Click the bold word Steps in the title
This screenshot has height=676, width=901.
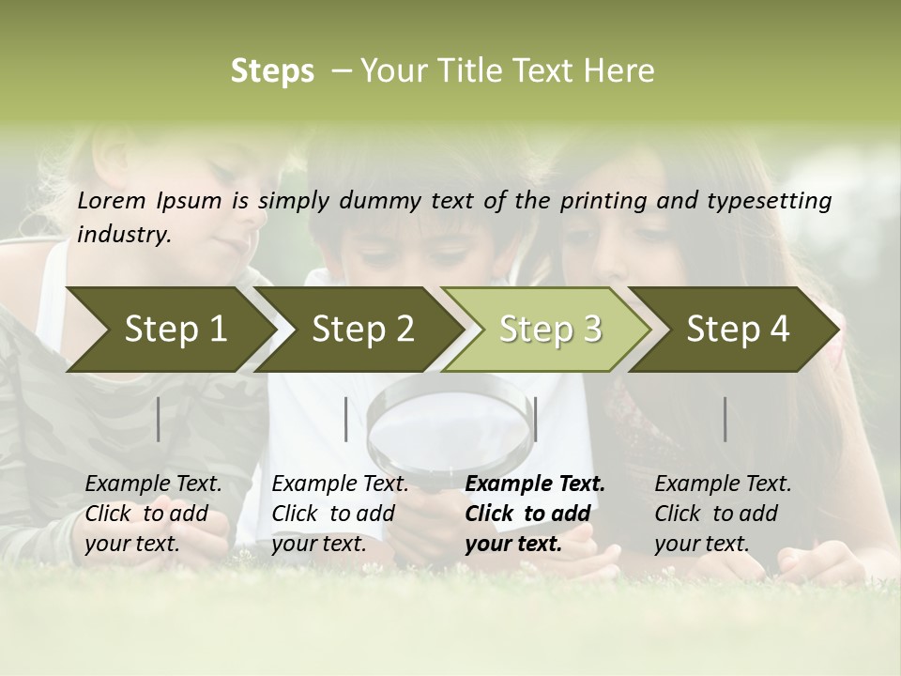[x=272, y=70]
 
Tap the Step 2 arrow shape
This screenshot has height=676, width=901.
[x=357, y=330]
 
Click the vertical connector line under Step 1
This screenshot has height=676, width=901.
[x=159, y=419]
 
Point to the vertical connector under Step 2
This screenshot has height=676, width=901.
[x=346, y=419]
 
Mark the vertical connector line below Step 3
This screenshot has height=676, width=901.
[x=535, y=419]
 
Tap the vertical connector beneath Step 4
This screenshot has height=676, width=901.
[x=725, y=419]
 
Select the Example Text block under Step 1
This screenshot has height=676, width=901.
[x=153, y=514]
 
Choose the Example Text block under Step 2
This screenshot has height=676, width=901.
[x=340, y=514]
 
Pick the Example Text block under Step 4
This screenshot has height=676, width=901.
[x=723, y=514]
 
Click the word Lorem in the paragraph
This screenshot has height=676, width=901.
[x=111, y=201]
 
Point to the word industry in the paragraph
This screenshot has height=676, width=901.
[x=124, y=234]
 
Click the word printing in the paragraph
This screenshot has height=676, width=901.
[x=601, y=201]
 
